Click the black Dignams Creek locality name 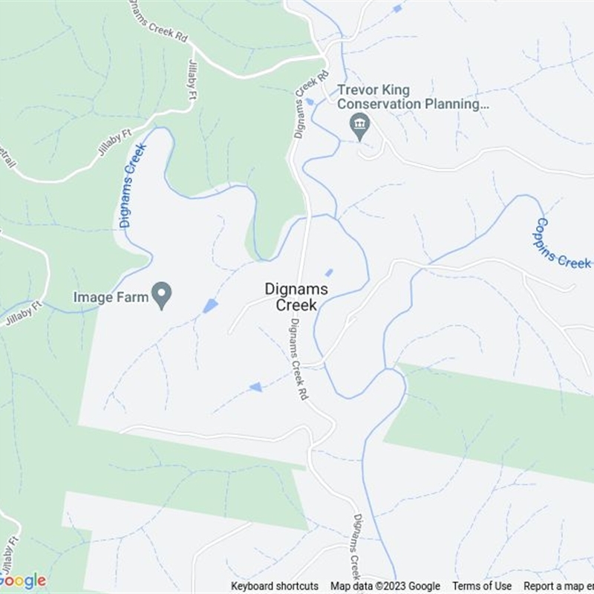(291, 297)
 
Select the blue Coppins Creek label (562, 244)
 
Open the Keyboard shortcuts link (275, 587)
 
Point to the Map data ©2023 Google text (385, 587)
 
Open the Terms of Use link (482, 587)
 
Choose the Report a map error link (557, 587)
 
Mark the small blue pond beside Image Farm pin (210, 306)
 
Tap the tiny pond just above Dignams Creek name (329, 272)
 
